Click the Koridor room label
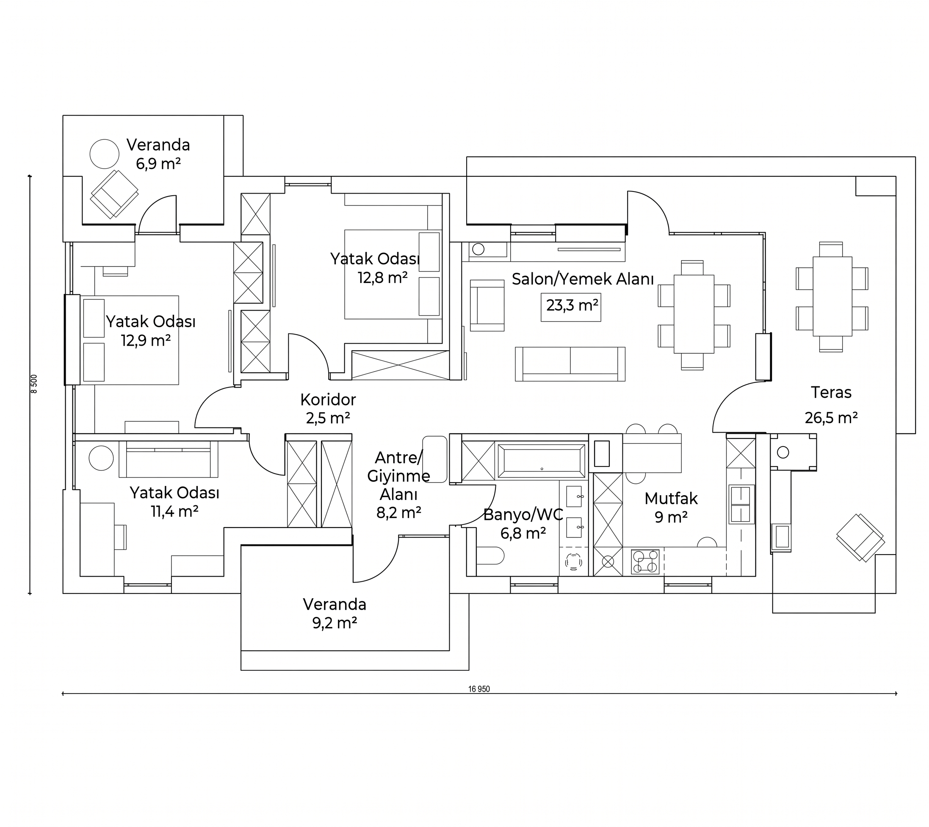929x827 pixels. pos(328,400)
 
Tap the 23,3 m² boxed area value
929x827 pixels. pos(571,305)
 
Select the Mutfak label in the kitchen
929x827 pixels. pos(671,498)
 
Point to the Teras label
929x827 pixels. pos(831,392)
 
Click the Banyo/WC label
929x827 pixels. pos(523,514)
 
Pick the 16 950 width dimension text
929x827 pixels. pos(479,689)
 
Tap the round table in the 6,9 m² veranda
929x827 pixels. pos(105,154)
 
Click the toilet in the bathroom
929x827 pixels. pos(489,555)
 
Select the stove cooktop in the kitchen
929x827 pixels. pos(645,561)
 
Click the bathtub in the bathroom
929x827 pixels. pos(542,461)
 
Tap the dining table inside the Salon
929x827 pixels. pos(694,314)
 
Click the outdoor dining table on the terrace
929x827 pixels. pos(832,297)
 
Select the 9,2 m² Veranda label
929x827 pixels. pos(335,613)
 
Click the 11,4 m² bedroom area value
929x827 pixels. pos(174,511)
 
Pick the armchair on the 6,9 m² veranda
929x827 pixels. pos(114,194)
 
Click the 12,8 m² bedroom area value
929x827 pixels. pos(383,278)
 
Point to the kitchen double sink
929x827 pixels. pos(741,504)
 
